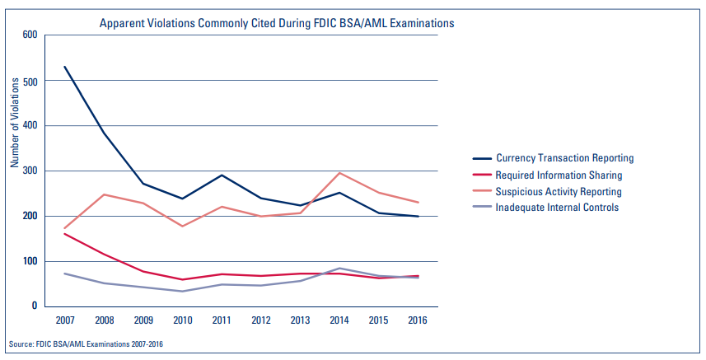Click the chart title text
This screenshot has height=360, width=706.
click(x=276, y=24)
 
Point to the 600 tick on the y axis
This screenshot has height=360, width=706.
click(x=30, y=35)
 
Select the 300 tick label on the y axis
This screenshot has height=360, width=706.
click(x=30, y=171)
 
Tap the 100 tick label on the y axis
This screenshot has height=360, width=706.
click(x=30, y=261)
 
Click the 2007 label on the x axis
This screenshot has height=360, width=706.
click(x=64, y=319)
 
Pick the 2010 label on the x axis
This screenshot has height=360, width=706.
click(x=181, y=319)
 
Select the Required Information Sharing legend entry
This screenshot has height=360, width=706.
click(x=558, y=175)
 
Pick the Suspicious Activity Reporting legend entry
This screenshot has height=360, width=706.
click(x=558, y=191)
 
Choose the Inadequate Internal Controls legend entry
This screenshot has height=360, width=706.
click(x=556, y=208)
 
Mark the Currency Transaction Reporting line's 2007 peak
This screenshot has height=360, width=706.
click(x=64, y=67)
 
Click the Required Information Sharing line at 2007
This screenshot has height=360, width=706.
click(x=64, y=234)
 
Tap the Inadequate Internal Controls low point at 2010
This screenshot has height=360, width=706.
click(x=181, y=291)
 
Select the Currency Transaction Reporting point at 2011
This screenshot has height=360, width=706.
click(x=220, y=175)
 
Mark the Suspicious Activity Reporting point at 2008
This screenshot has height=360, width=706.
click(x=103, y=194)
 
